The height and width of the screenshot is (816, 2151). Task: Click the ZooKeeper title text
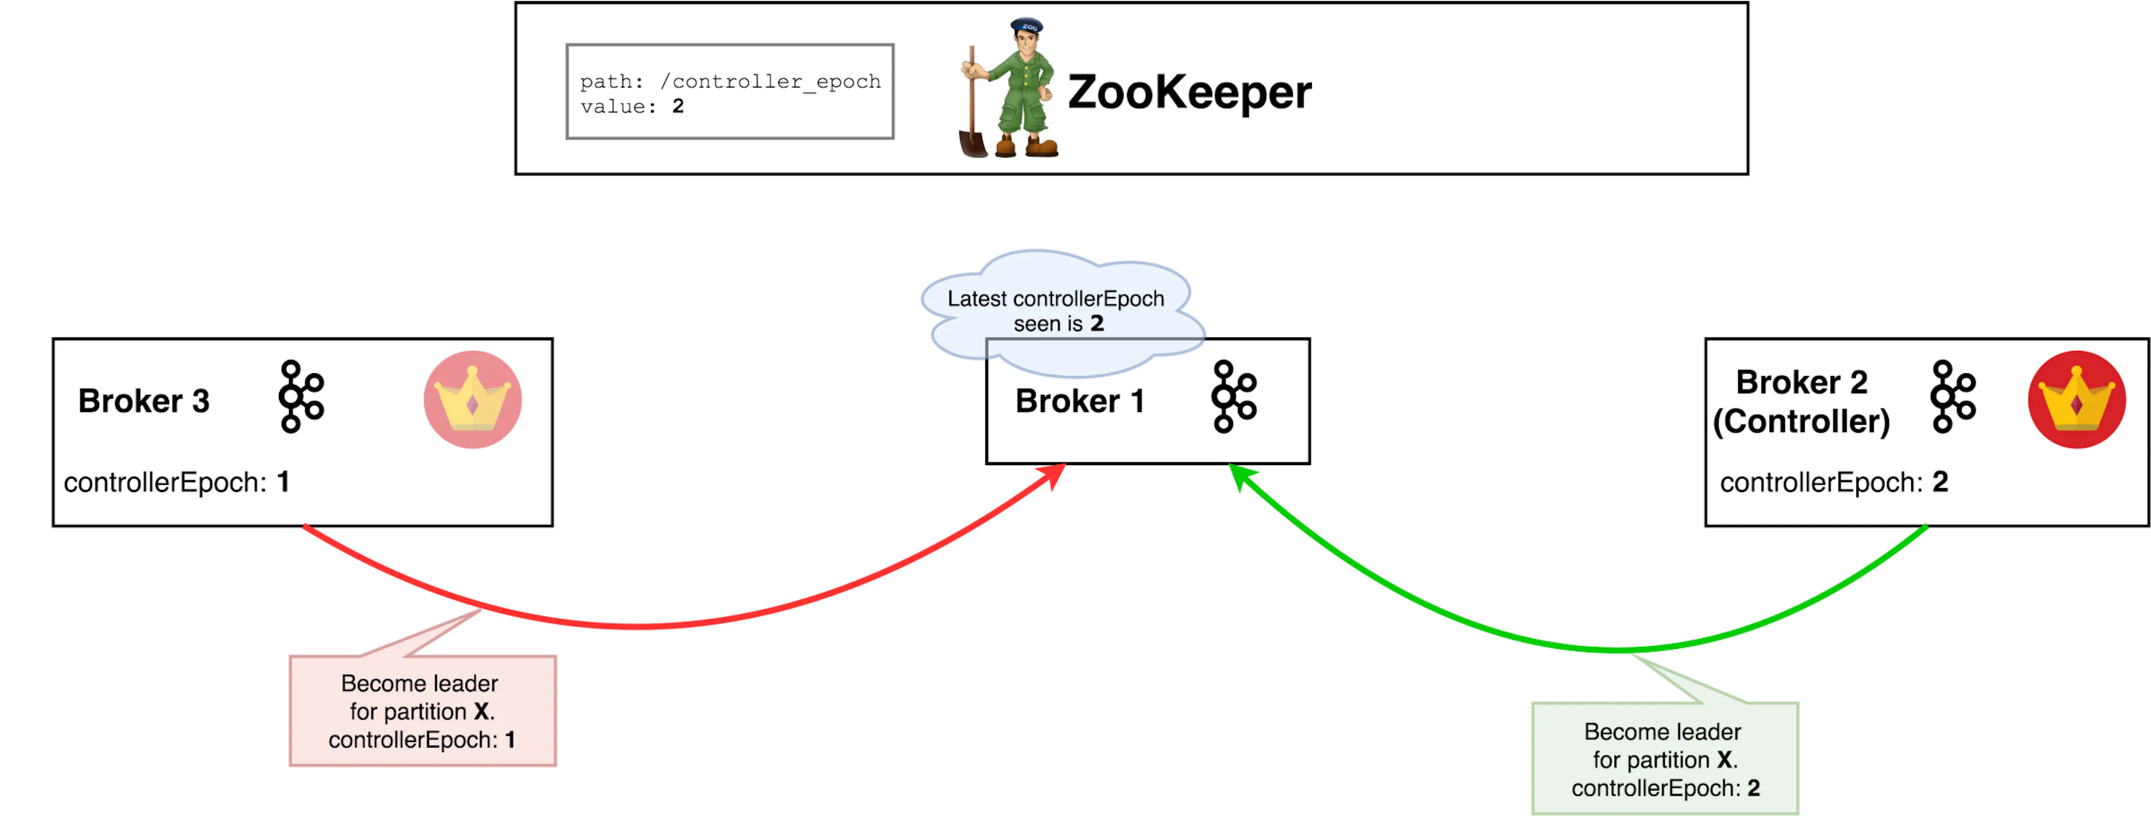click(1189, 92)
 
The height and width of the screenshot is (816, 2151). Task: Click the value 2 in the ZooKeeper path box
click(678, 106)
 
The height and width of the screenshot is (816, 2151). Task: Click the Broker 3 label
click(143, 401)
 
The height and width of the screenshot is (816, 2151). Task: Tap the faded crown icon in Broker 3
click(473, 399)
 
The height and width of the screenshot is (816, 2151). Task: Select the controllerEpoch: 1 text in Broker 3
click(176, 482)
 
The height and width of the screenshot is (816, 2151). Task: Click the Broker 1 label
click(1079, 401)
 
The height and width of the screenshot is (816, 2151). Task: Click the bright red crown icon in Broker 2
click(2076, 399)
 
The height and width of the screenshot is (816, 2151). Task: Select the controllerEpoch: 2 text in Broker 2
click(1834, 482)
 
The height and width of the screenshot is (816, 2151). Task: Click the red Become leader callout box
click(422, 711)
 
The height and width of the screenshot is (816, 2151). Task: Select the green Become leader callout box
click(1665, 758)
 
